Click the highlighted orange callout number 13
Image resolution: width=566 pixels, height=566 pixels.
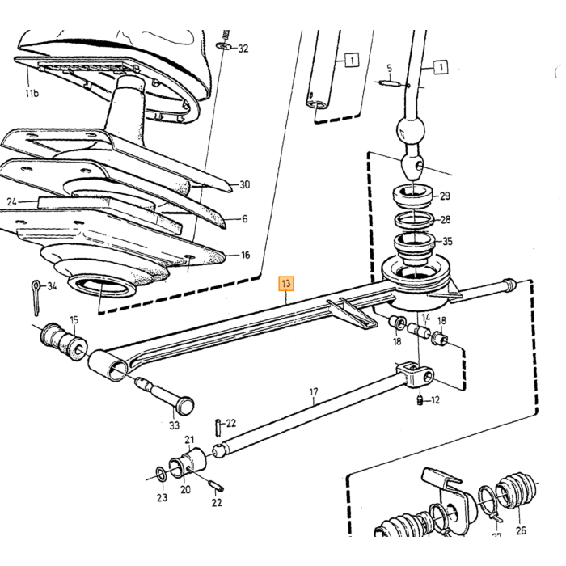point(286,283)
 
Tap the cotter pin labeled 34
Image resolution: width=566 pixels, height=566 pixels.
point(36,298)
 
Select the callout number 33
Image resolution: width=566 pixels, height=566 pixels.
point(174,425)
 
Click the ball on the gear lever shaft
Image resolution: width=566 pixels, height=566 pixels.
point(411,130)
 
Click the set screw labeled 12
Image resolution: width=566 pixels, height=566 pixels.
point(420,400)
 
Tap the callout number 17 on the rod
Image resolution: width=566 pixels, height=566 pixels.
point(314,391)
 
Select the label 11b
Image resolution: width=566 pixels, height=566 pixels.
point(32,94)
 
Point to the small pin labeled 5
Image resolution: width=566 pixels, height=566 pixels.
point(389,84)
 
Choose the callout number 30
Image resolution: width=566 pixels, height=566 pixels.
point(244,185)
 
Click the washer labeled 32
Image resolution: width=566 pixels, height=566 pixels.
point(224,46)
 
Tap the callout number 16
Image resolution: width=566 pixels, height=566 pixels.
point(245,256)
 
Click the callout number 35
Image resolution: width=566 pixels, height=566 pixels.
point(447,241)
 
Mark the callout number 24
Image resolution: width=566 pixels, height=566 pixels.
point(12,201)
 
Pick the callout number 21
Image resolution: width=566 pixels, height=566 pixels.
point(189,440)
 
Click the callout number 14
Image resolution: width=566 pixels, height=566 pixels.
point(426,318)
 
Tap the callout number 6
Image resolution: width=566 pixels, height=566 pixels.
point(245,219)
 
